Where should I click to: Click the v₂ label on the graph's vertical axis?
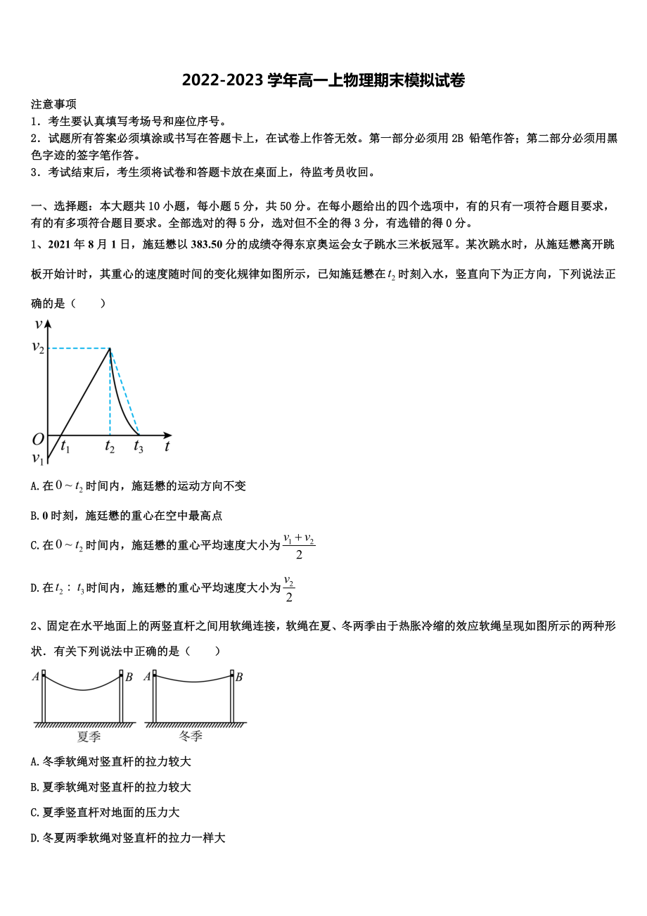pos(38,348)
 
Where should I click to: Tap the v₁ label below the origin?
pos(38,459)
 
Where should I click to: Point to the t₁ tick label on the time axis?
pos(65,446)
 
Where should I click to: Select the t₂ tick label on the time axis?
pos(110,446)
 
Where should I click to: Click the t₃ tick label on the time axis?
pos(139,446)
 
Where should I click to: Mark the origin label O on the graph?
pos(38,440)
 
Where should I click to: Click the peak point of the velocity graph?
pos(110,348)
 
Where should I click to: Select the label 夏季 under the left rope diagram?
pos(89,737)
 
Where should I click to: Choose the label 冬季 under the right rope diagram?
pos(191,737)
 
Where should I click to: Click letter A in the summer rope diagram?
pos(35,677)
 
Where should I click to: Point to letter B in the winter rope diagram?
pos(239,677)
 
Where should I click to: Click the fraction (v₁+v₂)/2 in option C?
pos(299,547)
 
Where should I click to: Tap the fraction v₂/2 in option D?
pos(288,589)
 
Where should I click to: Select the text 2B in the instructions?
pos(457,139)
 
